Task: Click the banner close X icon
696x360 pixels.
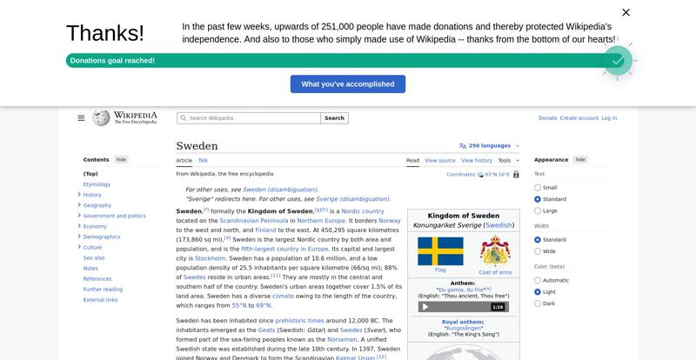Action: [x=626, y=12]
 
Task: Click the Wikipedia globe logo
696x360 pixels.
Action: [x=101, y=117]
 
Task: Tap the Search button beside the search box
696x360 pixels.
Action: [x=335, y=118]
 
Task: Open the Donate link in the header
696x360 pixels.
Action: [x=547, y=118]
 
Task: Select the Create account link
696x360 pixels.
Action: [x=579, y=118]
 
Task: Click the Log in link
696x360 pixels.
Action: [x=609, y=118]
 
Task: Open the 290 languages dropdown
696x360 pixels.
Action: [x=485, y=146]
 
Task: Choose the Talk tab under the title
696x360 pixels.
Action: [x=203, y=160]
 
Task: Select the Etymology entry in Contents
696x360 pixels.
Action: [x=97, y=184]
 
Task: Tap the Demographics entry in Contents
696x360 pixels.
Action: [x=102, y=237]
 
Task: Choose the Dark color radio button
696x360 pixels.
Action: [x=538, y=303]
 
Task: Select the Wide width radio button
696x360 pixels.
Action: [x=538, y=251]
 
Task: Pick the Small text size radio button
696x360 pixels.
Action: [x=538, y=188]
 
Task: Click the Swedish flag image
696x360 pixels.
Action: [x=440, y=251]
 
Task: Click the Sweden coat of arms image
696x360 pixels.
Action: [x=495, y=251]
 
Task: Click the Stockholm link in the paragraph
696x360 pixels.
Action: [x=211, y=258]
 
